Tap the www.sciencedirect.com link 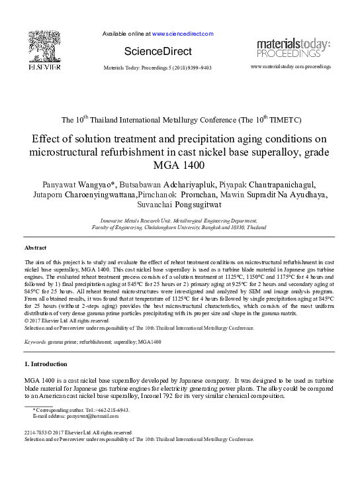(x=183, y=33)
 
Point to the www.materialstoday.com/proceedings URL (x=291, y=68)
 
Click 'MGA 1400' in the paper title (x=180, y=165)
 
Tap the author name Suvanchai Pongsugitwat (x=179, y=205)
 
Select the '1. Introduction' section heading (x=45, y=364)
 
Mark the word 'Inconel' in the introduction (x=164, y=397)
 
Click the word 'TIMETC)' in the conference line (x=265, y=121)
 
